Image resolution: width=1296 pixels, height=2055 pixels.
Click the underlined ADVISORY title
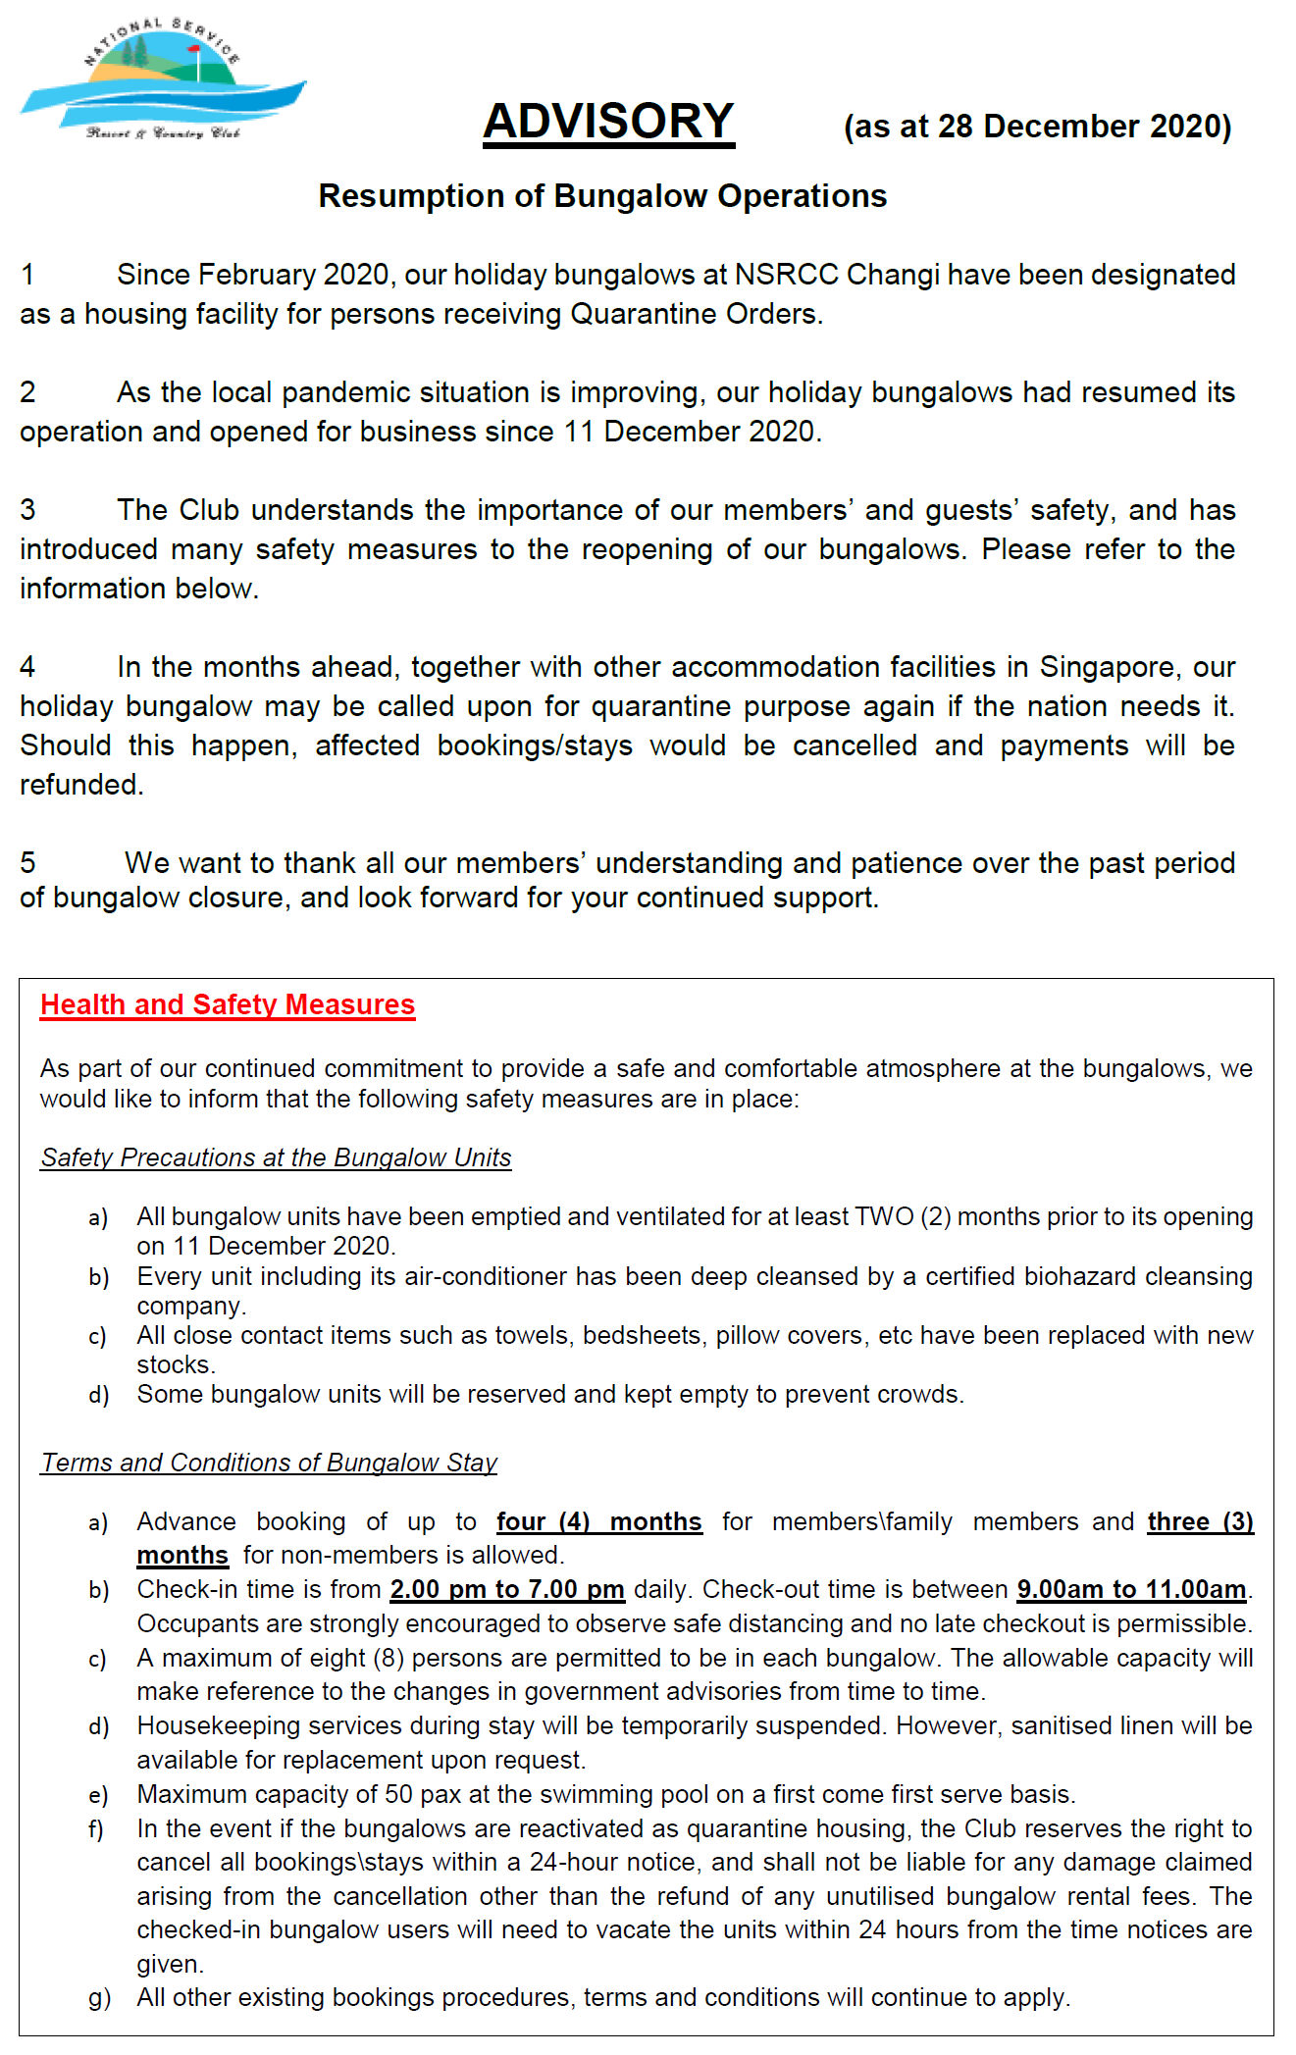tap(608, 122)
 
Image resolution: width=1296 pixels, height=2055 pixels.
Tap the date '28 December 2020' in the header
tap(1065, 127)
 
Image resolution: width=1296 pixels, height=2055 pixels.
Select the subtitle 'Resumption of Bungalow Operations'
tap(602, 196)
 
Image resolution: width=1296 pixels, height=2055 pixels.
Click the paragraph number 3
tap(27, 510)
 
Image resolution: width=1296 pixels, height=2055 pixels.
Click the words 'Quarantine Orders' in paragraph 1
tap(696, 314)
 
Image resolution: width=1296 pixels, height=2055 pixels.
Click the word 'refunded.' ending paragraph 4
tap(81, 785)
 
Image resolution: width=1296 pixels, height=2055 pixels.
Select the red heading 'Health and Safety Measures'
tap(228, 1004)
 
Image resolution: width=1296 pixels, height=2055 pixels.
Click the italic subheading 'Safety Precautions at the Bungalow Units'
tap(276, 1157)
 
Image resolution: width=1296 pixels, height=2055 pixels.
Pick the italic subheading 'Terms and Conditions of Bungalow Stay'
tap(269, 1463)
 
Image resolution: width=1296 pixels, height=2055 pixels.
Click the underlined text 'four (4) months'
tap(599, 1521)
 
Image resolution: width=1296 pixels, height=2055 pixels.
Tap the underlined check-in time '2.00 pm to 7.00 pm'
tap(507, 1589)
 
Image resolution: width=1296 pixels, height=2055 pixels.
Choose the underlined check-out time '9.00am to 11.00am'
tap(1131, 1589)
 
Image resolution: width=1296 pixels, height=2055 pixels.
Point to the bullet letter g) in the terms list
tap(99, 1998)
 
